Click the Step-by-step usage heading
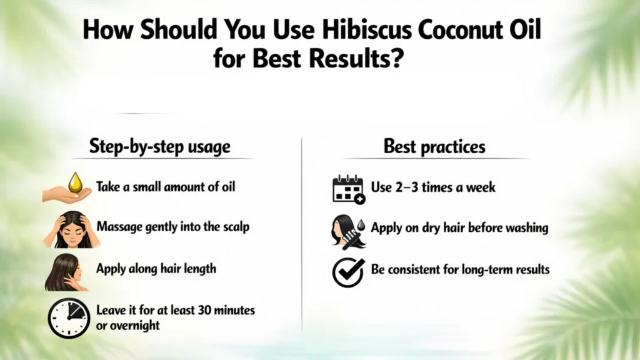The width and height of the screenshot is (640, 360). click(x=159, y=147)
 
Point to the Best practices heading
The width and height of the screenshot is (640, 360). click(x=434, y=147)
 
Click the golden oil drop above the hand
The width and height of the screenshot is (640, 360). click(x=75, y=182)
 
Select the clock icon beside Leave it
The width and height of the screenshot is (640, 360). click(x=68, y=317)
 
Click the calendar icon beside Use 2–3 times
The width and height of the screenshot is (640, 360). click(x=348, y=189)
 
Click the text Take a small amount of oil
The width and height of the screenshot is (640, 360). click(x=166, y=187)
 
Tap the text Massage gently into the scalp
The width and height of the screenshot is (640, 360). click(x=172, y=226)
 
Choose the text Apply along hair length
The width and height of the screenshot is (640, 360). click(x=156, y=269)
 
